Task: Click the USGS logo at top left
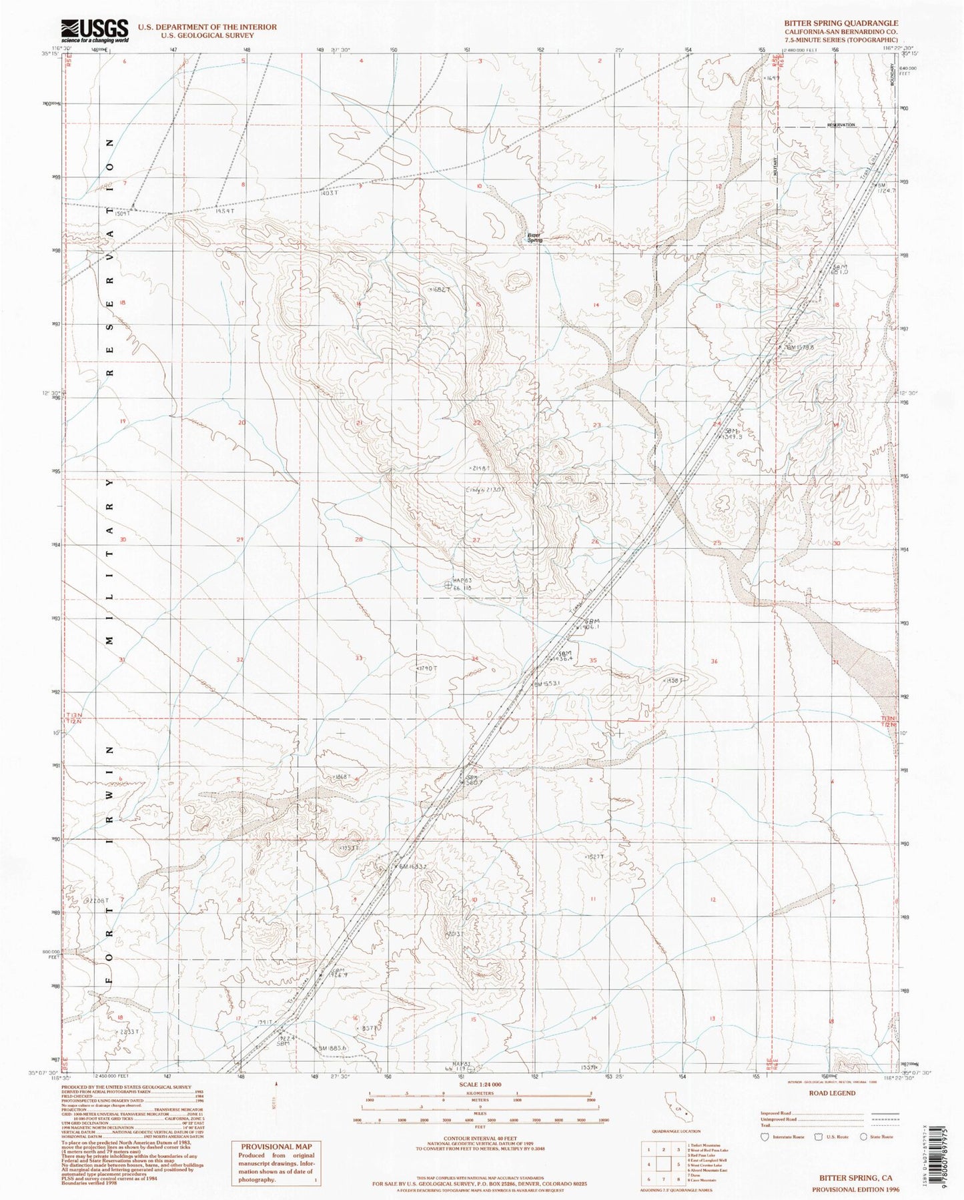[95, 31]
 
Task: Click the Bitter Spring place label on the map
[534, 237]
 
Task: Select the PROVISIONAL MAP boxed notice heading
[276, 1146]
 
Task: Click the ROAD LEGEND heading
[831, 1093]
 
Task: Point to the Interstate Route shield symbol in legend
[765, 1137]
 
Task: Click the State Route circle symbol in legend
[863, 1137]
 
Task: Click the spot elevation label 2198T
[480, 469]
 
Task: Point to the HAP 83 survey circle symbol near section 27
[448, 585]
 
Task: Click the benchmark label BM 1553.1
[547, 683]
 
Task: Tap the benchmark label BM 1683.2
[408, 866]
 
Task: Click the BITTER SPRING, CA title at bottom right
[852, 1179]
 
